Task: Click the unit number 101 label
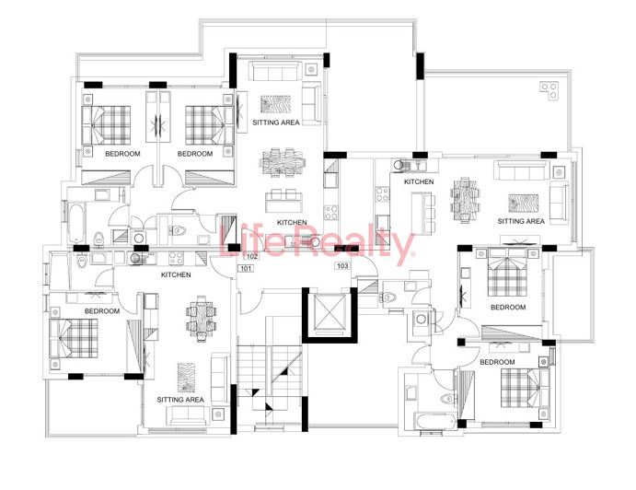tap(245, 268)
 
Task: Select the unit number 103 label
tap(342, 266)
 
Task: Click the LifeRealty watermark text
tap(318, 243)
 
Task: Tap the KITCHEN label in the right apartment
tap(419, 182)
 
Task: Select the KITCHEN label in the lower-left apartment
tap(176, 275)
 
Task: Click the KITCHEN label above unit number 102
tap(292, 223)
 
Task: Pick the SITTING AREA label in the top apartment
tap(274, 122)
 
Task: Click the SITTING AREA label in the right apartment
tap(521, 221)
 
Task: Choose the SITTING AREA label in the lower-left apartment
tap(180, 400)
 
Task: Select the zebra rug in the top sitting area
tap(274, 102)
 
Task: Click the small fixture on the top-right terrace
tap(552, 91)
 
